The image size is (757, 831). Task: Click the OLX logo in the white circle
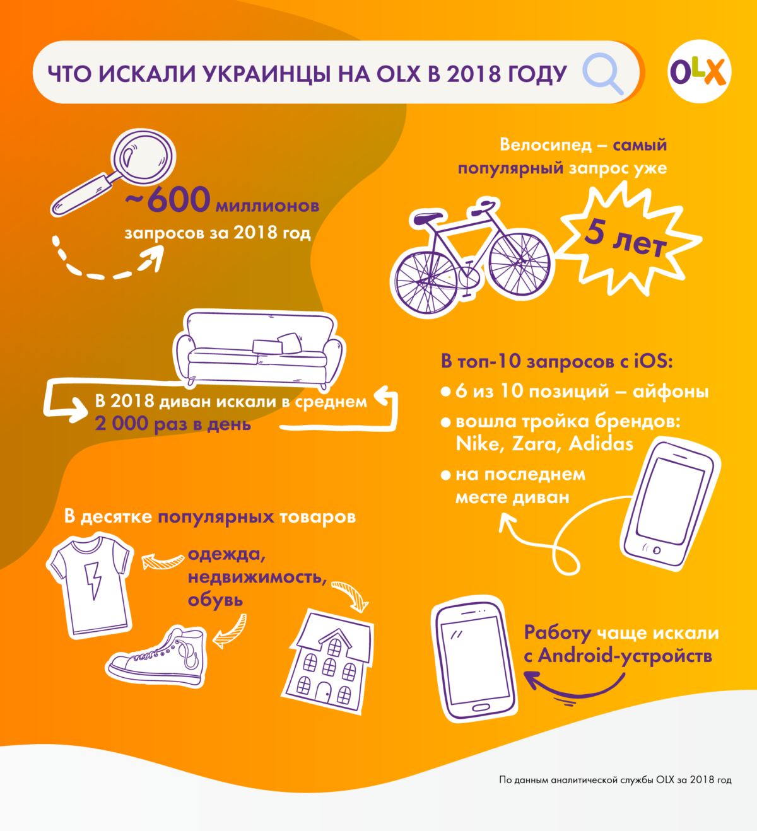point(699,72)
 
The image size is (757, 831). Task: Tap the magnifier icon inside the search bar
point(600,72)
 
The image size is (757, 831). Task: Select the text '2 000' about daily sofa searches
point(121,424)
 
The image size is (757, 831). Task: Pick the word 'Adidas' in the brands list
point(601,444)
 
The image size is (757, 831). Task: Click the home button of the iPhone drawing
point(657,550)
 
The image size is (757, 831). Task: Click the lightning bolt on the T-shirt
point(93,580)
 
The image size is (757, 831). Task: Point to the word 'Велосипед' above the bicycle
point(546,145)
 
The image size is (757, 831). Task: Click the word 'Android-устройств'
point(625,656)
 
